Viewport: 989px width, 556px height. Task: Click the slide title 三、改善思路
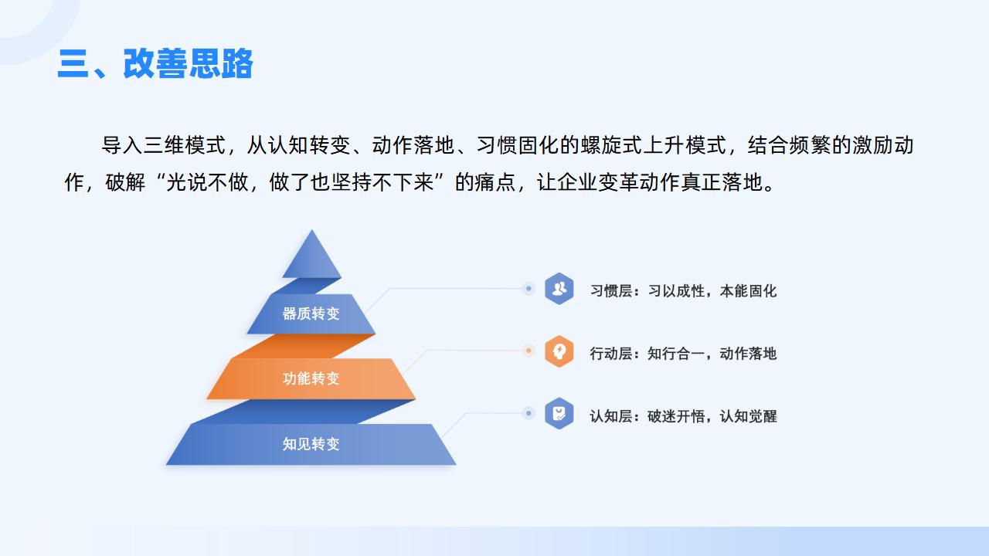[x=155, y=63]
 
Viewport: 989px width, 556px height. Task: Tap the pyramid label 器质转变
[x=311, y=314]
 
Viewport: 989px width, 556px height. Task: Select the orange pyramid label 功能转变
[x=311, y=378]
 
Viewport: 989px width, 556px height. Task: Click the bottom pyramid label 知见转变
[x=311, y=443]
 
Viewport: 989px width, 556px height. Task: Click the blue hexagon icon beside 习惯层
[x=559, y=289]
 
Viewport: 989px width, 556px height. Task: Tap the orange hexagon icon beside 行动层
[x=559, y=351]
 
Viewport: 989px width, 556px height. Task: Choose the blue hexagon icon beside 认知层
[x=559, y=413]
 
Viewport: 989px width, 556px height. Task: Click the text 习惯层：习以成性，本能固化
[x=683, y=291]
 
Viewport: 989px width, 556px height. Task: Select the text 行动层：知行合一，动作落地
[x=683, y=354]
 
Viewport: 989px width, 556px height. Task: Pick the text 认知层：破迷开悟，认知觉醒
[x=683, y=416]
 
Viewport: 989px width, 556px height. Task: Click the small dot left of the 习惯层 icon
[x=528, y=289]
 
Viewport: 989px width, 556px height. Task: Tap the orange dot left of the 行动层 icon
[x=528, y=351]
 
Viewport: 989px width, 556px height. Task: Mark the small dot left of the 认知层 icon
[x=528, y=413]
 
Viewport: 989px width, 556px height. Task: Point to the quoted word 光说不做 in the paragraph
[x=207, y=181]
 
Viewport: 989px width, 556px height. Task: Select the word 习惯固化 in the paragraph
[x=518, y=145]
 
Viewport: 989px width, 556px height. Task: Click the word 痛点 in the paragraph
[x=495, y=181]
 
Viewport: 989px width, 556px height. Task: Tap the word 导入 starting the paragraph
[x=122, y=145]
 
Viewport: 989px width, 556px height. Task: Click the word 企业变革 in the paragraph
[x=598, y=181]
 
